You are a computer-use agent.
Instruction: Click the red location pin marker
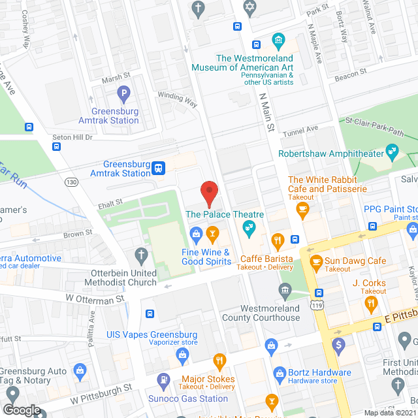[x=208, y=192]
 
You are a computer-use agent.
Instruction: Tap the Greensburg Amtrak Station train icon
[x=158, y=169]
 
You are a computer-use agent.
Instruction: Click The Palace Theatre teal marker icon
[x=248, y=227]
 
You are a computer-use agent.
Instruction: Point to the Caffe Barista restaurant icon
[x=278, y=240]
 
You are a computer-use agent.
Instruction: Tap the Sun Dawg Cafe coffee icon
[x=316, y=262]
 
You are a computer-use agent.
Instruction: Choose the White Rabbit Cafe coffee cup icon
[x=302, y=209]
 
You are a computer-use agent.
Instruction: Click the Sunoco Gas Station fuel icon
[x=163, y=380]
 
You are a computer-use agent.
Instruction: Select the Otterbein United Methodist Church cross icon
[x=140, y=255]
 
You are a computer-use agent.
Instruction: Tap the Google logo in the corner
[x=21, y=410]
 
